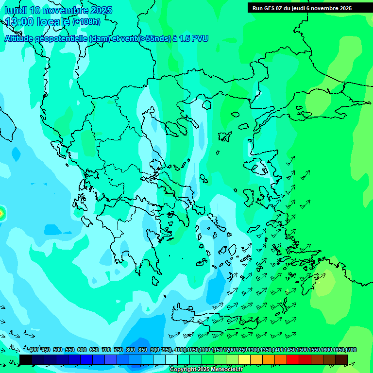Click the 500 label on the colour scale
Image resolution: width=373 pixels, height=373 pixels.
point(58,350)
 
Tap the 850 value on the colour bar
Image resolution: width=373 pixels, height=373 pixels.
point(143,350)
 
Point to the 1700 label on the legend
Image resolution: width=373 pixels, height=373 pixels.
point(351,350)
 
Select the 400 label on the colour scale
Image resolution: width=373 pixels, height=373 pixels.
point(34,350)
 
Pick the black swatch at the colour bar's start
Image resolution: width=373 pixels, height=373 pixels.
point(26,359)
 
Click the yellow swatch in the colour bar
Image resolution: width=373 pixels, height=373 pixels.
point(244,359)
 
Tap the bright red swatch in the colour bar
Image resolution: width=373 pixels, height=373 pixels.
point(293,359)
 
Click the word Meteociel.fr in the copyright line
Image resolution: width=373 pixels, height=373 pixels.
point(224,370)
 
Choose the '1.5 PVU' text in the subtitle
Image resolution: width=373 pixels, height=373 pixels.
point(194,38)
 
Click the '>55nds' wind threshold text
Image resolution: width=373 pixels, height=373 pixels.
point(154,38)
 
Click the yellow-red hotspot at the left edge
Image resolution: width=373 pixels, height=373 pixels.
point(1,212)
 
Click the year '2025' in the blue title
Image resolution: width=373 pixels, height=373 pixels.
point(102,10)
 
